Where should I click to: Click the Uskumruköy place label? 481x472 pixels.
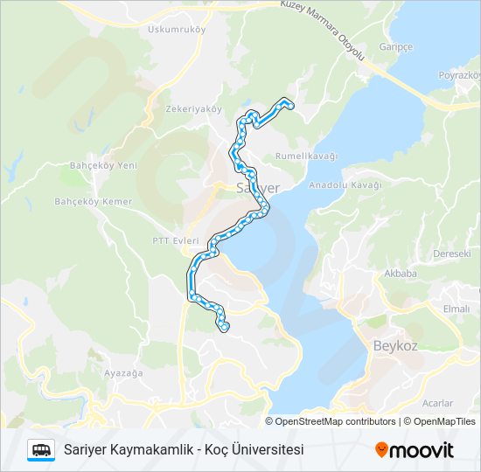176,29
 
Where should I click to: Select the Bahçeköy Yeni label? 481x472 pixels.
103,165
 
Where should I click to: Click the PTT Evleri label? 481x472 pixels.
176,240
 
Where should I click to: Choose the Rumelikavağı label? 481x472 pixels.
307,156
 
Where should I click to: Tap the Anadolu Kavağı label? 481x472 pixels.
346,185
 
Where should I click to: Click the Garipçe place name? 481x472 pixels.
395,46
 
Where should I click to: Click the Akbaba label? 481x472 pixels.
400,273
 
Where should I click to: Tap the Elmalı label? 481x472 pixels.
456,309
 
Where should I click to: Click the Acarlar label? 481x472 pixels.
437,403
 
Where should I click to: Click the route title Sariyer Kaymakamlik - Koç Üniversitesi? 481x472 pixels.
184,450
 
